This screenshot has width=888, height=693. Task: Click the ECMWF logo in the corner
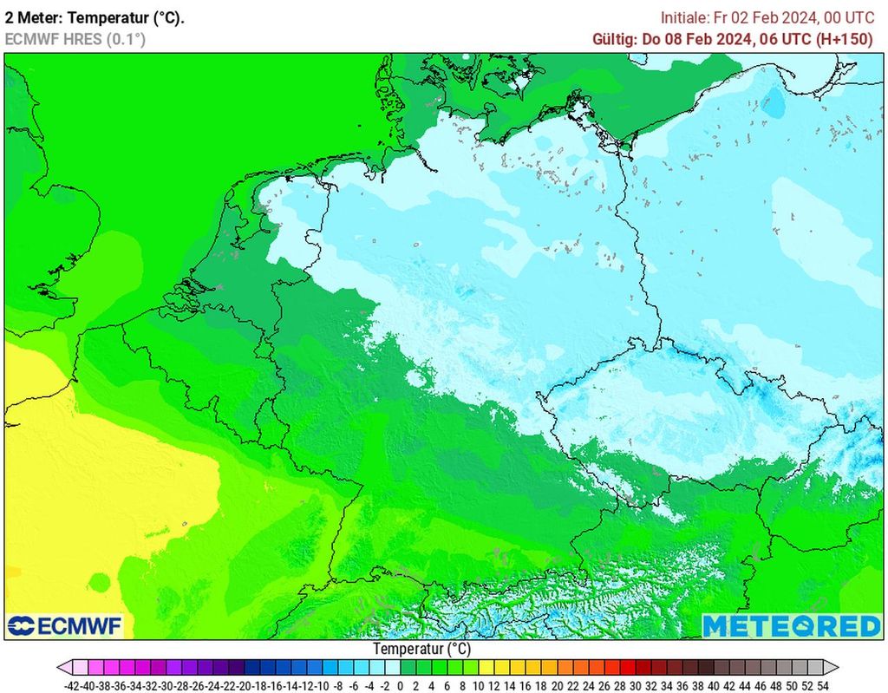pyautogui.click(x=65, y=625)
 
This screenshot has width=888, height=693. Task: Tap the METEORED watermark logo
pyautogui.click(x=790, y=625)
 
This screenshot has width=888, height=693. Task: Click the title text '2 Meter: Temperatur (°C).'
pyautogui.click(x=95, y=17)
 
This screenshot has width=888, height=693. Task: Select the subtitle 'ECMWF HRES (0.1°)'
pyautogui.click(x=75, y=39)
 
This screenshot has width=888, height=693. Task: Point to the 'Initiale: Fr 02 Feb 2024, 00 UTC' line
pyautogui.click(x=767, y=17)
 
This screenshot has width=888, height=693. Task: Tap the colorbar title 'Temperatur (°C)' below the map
pyautogui.click(x=422, y=649)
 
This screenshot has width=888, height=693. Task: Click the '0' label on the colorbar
pyautogui.click(x=400, y=684)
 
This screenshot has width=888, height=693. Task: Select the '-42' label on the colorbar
pyautogui.click(x=73, y=684)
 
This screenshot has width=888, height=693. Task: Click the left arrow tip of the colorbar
pyautogui.click(x=60, y=667)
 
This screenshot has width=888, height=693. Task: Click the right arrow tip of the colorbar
pyautogui.click(x=838, y=667)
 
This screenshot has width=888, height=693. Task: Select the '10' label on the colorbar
pyautogui.click(x=478, y=684)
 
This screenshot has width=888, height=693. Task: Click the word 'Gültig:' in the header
pyautogui.click(x=614, y=39)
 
